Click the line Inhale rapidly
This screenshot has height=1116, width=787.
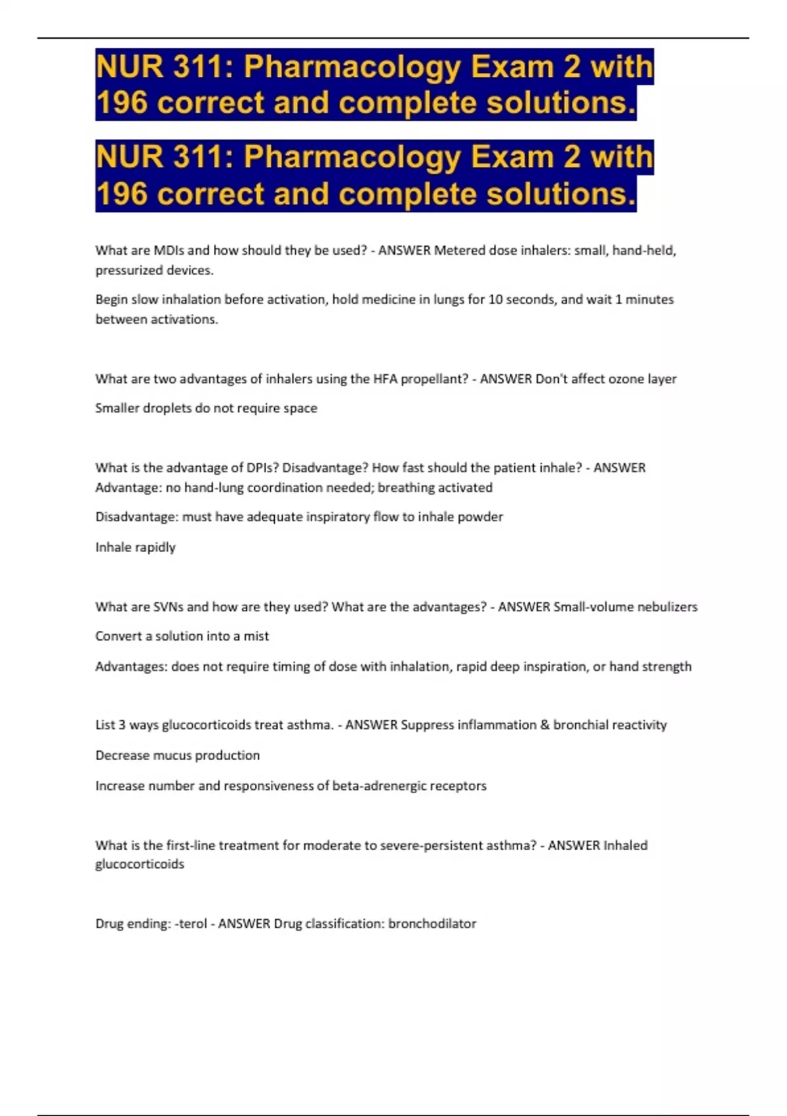pyautogui.click(x=135, y=547)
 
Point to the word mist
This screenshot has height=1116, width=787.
pyautogui.click(x=256, y=636)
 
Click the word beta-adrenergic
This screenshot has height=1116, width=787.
pyautogui.click(x=378, y=786)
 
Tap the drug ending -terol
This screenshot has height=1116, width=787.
pyautogui.click(x=191, y=924)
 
